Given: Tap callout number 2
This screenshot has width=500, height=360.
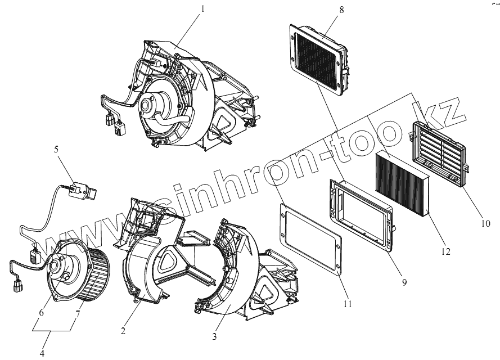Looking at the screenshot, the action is pyautogui.click(x=123, y=331).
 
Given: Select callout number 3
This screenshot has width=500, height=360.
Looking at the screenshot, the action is pyautogui.click(x=214, y=337).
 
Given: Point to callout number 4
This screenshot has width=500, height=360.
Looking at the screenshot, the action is pyautogui.click(x=42, y=353).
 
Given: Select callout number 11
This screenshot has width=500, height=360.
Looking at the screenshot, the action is pyautogui.click(x=347, y=304).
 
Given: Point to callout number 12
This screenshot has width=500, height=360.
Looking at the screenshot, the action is pyautogui.click(x=446, y=251).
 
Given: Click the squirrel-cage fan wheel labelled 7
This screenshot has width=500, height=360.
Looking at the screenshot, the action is pyautogui.click(x=94, y=276).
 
